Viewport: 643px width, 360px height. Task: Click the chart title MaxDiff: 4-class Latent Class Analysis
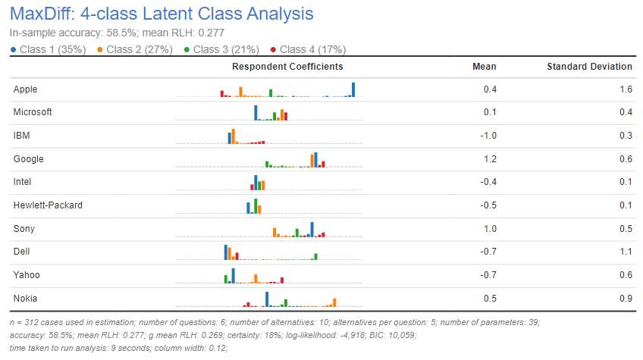(x=161, y=14)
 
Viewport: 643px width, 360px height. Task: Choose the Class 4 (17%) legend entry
(x=312, y=49)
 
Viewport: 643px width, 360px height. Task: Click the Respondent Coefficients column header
(x=287, y=67)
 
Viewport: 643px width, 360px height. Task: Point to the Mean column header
(x=484, y=67)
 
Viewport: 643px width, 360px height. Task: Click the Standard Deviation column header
(x=589, y=67)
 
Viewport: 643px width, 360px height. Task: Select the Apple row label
(x=25, y=89)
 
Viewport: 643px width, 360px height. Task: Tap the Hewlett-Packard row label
(x=48, y=205)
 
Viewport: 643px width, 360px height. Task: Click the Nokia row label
(x=25, y=299)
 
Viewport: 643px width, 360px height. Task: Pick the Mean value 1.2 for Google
(x=490, y=159)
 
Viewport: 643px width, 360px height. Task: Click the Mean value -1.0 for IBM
(x=488, y=136)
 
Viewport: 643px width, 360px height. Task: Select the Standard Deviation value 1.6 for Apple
(x=626, y=89)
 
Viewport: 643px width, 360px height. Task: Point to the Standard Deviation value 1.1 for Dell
(x=626, y=252)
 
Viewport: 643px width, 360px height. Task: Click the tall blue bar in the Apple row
(x=353, y=90)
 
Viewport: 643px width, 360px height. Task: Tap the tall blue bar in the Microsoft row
(x=256, y=113)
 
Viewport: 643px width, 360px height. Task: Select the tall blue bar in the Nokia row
(x=267, y=299)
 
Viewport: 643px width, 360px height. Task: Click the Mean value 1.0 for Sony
(x=490, y=229)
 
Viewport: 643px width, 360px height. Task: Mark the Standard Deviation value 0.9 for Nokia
(x=626, y=299)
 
